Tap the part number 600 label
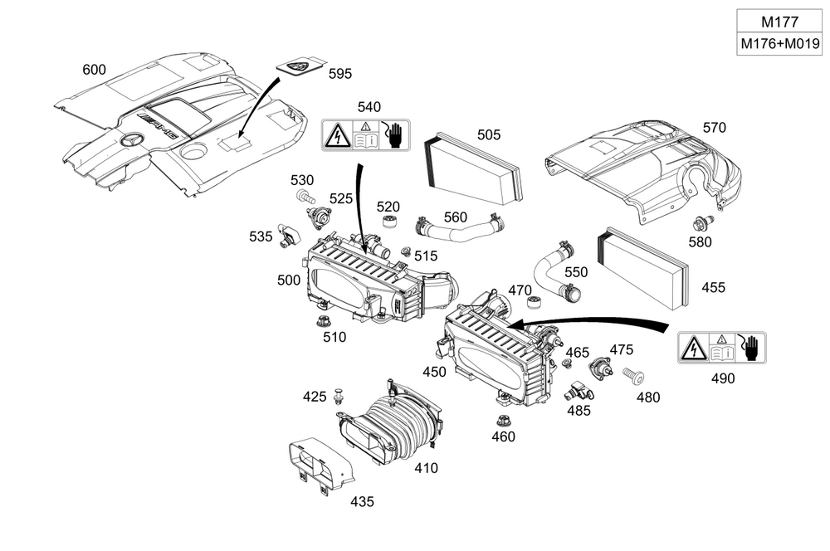94,70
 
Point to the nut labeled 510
323,321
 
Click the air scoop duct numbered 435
320,466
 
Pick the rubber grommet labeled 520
390,223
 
